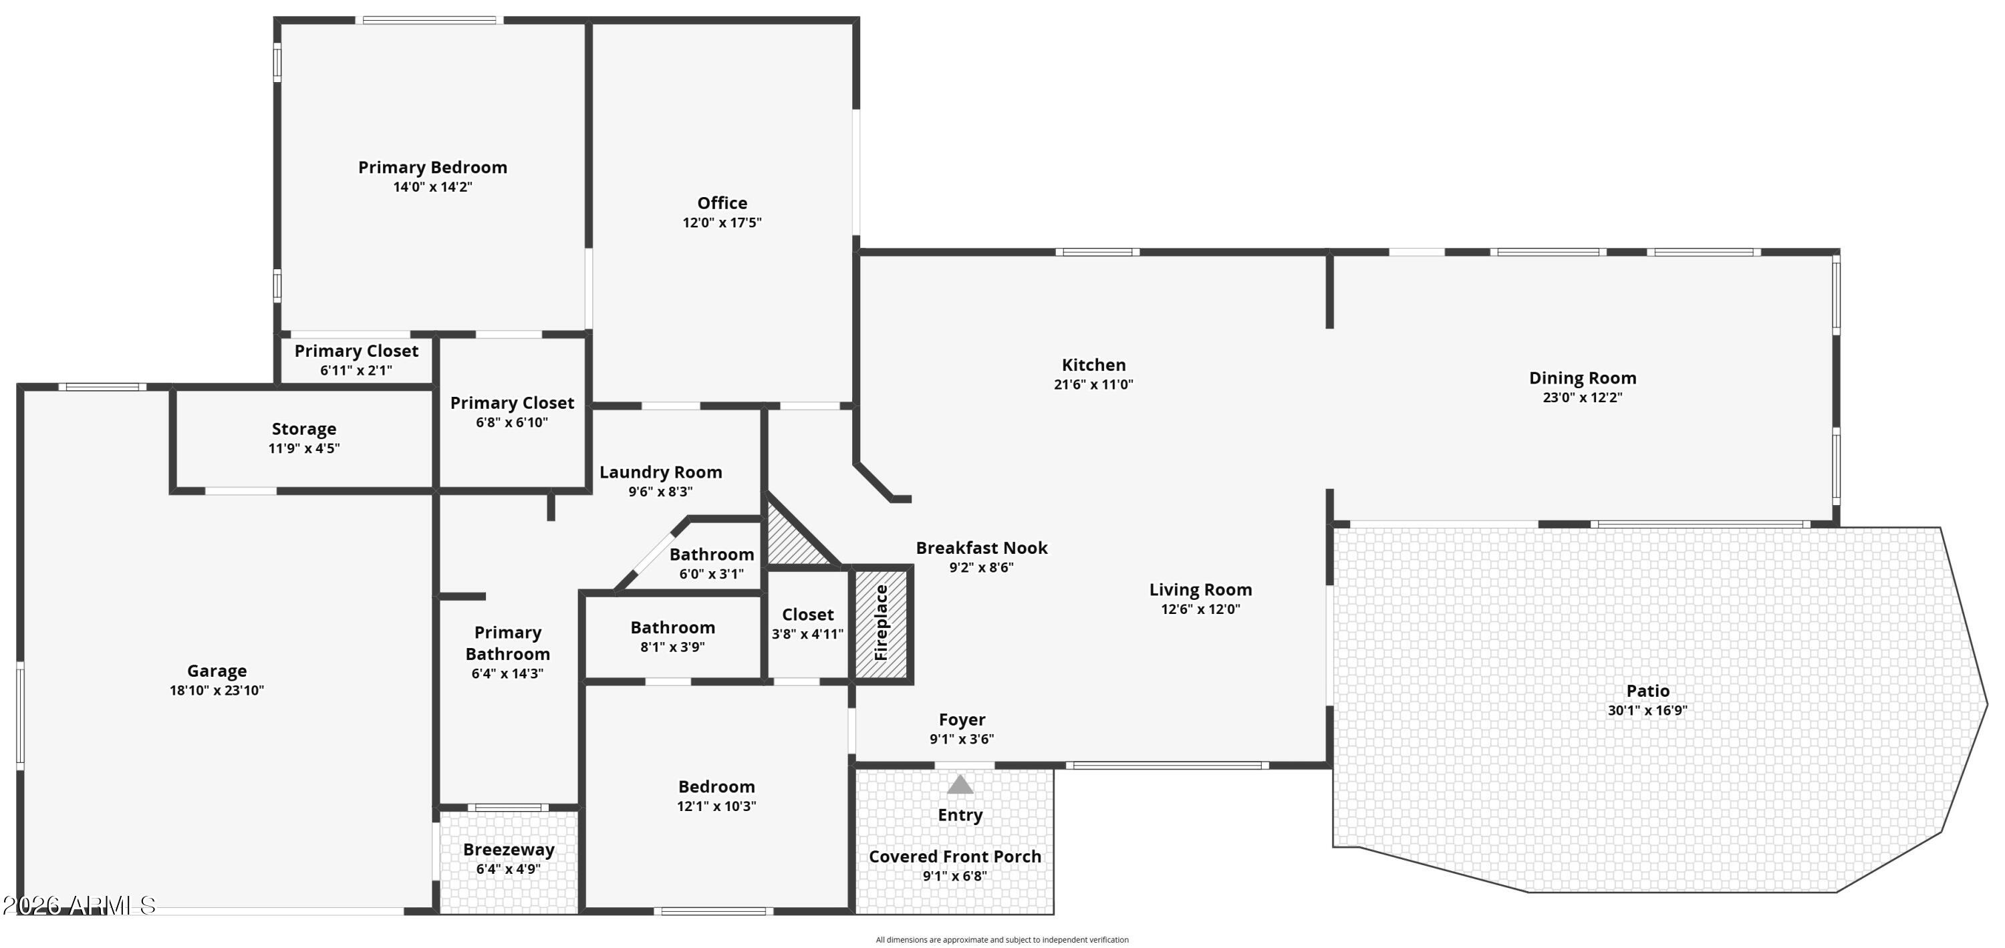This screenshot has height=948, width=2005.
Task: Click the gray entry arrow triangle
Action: tap(960, 784)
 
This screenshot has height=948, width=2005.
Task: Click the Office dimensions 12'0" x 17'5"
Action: tap(722, 222)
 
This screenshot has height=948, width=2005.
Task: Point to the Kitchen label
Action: tap(1093, 365)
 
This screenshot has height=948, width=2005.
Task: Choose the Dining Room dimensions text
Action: tap(1583, 398)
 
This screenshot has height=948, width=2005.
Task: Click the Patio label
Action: tap(1647, 691)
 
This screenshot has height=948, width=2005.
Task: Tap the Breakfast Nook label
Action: tap(982, 548)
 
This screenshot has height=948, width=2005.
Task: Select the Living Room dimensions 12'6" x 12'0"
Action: tap(1200, 609)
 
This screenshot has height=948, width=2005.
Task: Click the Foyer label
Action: tap(961, 720)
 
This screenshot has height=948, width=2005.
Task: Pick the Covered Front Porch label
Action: tap(955, 856)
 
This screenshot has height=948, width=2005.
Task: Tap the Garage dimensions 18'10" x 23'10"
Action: tap(217, 690)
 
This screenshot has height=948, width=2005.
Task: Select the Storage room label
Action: tap(303, 429)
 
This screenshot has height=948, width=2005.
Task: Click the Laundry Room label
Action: tap(660, 472)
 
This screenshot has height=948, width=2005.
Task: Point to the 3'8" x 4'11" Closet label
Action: tap(807, 615)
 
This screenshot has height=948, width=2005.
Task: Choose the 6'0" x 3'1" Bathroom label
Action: tap(711, 555)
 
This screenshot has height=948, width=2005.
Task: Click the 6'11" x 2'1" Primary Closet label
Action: tap(356, 351)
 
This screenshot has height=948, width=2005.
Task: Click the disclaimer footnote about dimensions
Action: tap(1002, 940)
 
